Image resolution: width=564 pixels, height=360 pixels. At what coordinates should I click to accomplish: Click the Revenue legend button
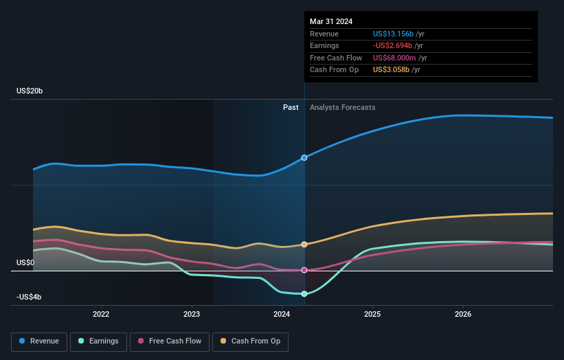[39, 341]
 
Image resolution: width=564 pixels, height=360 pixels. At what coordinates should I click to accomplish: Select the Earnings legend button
[98, 341]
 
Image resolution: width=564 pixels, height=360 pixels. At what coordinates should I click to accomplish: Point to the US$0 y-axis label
[25, 262]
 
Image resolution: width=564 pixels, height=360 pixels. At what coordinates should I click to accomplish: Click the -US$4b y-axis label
[30, 297]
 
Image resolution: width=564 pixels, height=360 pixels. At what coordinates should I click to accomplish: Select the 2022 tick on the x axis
[101, 315]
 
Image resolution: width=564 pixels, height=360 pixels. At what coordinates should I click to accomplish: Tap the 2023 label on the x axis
[192, 315]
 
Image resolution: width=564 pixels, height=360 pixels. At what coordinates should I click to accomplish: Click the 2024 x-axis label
[282, 315]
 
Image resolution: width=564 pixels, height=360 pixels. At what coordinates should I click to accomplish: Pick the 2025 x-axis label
[372, 315]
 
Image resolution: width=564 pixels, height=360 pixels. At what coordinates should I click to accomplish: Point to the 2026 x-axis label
[463, 315]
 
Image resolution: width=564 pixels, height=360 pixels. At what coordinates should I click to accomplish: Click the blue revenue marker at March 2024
[304, 157]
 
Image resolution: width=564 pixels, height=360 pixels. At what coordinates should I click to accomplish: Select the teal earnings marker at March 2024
[304, 294]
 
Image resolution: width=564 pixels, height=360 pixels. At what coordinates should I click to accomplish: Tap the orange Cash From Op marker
[304, 245]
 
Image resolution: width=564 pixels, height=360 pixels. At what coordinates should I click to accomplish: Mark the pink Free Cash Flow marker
[304, 270]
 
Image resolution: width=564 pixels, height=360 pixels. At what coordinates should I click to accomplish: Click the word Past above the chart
[291, 107]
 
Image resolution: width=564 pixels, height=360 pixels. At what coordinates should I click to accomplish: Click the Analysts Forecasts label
[343, 107]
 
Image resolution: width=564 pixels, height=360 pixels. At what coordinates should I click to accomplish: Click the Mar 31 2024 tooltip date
[331, 21]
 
